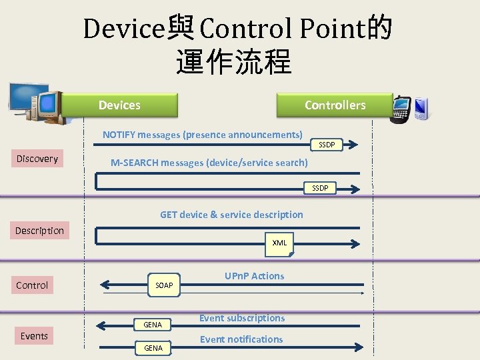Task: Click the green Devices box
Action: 119,105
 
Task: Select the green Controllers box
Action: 335,105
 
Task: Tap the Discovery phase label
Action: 37,159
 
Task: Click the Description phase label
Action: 39,231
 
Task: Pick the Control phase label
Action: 32,285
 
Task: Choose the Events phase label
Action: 34,336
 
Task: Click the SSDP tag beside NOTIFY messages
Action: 327,145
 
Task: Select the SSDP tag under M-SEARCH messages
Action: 320,189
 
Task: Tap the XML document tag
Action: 280,243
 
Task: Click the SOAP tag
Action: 164,285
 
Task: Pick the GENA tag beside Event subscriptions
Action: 153,325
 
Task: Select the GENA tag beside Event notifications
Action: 153,348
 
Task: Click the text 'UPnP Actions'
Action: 254,276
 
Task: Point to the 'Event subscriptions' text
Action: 242,318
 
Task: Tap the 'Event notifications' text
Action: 241,339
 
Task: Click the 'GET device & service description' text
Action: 231,215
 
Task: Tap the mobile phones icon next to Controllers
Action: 411,109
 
